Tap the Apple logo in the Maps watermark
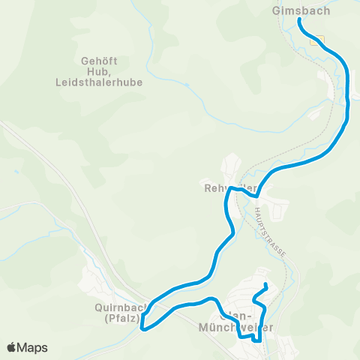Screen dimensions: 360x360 pyautogui.click(x=13, y=347)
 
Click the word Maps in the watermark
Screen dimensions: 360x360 pyautogui.click(x=34, y=347)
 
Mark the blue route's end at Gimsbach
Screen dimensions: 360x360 pyautogui.click(x=300, y=20)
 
